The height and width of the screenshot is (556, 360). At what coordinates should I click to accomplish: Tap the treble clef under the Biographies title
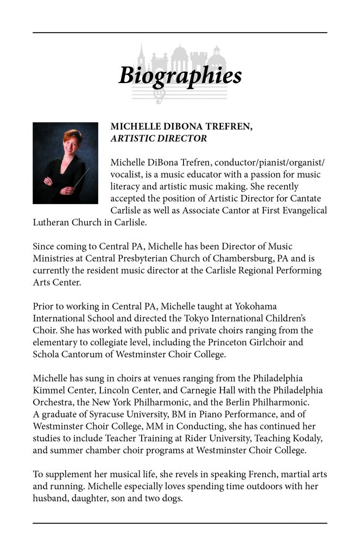159,95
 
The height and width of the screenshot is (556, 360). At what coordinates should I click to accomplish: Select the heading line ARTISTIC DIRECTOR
159,138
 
